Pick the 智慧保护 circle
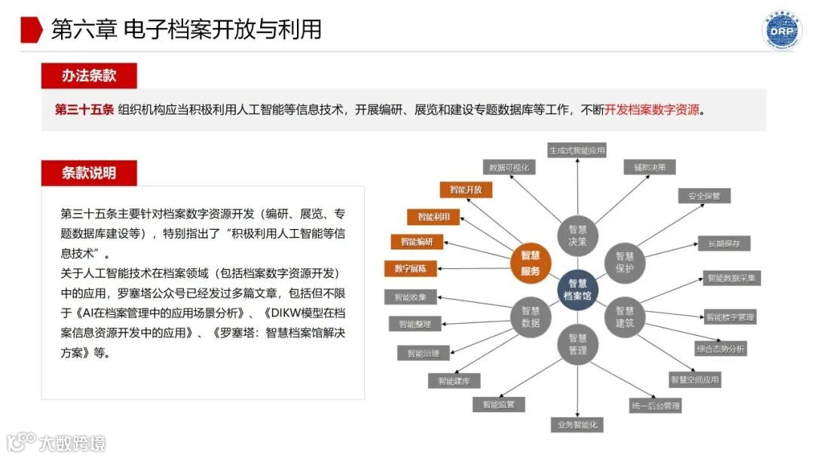pyautogui.click(x=625, y=262)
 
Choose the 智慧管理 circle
pyautogui.click(x=578, y=344)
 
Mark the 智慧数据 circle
pyautogui.click(x=531, y=316)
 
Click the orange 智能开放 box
pyautogui.click(x=466, y=190)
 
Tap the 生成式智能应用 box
pyautogui.click(x=577, y=150)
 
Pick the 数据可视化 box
pyautogui.click(x=510, y=167)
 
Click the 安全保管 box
pyautogui.click(x=704, y=196)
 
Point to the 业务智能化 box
pyautogui.click(x=577, y=425)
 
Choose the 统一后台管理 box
pyautogui.click(x=655, y=406)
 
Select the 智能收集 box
pyautogui.click(x=410, y=297)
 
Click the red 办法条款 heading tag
pyautogui.click(x=89, y=76)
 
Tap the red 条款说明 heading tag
pyautogui.click(x=89, y=173)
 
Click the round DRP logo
pyautogui.click(x=782, y=30)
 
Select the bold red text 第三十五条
pyautogui.click(x=84, y=110)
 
